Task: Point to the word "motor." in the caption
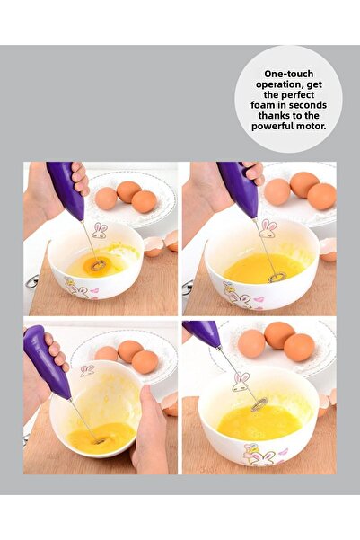click(306, 127)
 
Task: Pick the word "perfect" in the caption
click(288, 94)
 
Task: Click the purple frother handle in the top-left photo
click(66, 190)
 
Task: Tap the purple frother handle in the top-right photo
click(236, 188)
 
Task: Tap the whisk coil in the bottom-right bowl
click(259, 405)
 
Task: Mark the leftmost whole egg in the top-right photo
click(277, 191)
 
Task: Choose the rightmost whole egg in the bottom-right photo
click(299, 347)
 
